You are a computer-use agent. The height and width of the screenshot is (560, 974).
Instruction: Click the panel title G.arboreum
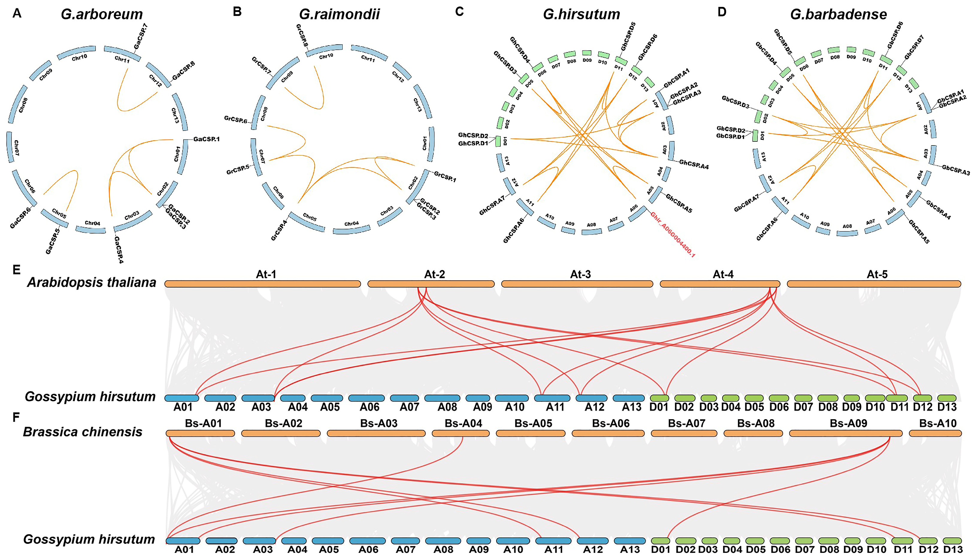click(102, 15)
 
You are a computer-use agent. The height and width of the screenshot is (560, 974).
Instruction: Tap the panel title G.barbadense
click(838, 15)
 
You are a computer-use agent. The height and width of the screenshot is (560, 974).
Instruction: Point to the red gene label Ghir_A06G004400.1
click(672, 234)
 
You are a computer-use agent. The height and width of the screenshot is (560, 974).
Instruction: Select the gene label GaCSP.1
click(207, 139)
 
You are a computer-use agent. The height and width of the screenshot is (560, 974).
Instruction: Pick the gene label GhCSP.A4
click(694, 165)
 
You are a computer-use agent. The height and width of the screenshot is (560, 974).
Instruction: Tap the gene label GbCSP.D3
click(735, 102)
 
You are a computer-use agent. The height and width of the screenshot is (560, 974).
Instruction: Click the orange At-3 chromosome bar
click(577, 284)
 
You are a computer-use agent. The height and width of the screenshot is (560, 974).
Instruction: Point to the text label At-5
click(877, 274)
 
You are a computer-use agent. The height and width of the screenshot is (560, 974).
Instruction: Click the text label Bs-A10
click(937, 423)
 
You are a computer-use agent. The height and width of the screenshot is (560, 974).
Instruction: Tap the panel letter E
click(16, 270)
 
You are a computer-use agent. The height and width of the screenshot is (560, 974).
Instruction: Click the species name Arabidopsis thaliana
click(92, 283)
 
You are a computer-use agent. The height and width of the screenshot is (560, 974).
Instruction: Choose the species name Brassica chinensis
click(83, 432)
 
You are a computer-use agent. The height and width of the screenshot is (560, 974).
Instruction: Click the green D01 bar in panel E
click(659, 398)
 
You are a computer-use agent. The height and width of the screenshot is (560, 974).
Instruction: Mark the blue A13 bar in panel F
click(629, 541)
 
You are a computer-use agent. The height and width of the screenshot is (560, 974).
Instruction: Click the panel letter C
click(459, 12)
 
